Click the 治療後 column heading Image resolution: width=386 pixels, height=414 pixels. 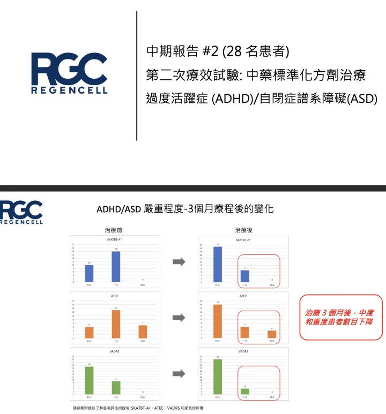point(243,230)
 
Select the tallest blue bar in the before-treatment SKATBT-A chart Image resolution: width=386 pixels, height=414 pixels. point(116,266)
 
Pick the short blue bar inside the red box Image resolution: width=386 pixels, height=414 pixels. point(244,276)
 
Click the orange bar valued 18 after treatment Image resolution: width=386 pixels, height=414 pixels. point(218,321)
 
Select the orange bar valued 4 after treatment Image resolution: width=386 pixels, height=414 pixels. point(272,334)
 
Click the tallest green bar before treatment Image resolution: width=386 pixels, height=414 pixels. point(89,380)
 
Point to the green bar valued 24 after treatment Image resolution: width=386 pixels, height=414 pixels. point(218,377)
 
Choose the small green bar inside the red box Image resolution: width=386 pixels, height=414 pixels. point(244,391)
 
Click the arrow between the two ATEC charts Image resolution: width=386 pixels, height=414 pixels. point(179,318)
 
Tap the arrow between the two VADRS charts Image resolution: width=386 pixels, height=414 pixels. point(179,374)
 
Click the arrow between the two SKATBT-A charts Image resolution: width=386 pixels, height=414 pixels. point(179,261)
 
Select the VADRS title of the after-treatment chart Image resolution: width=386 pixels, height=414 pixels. point(243,352)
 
